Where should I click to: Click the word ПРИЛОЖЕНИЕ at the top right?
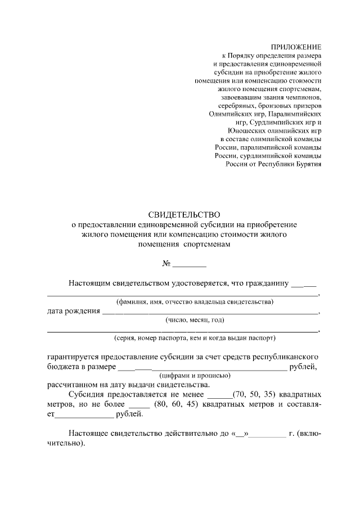296,47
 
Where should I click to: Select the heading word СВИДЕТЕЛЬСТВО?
184,214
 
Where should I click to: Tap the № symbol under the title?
166,264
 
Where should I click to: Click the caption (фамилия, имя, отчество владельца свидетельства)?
194,302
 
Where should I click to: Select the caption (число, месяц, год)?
195,320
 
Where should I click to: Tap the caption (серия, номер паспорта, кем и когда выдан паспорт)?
194,339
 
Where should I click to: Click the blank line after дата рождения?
211,312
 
